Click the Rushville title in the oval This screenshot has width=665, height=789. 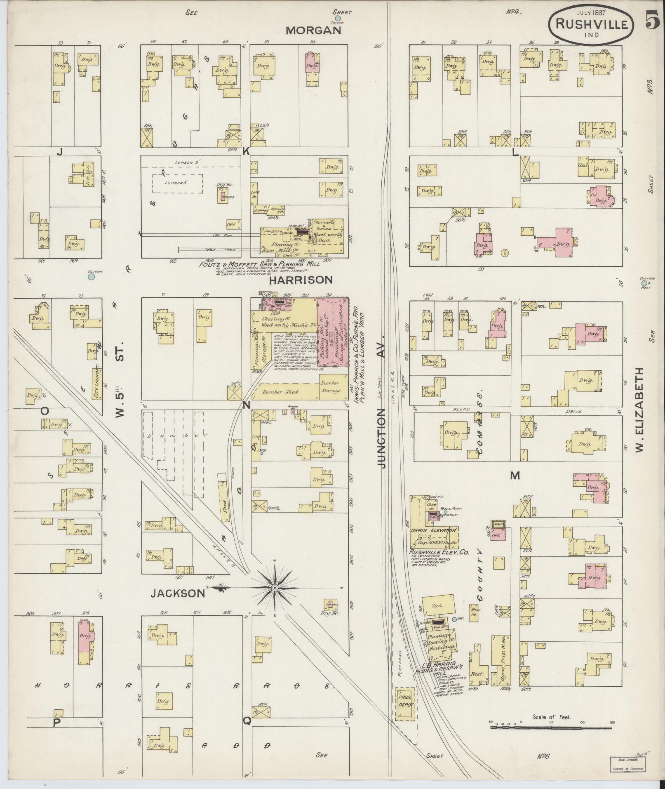[591, 24]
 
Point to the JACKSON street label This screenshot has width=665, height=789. [177, 593]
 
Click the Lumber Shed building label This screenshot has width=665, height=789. [281, 391]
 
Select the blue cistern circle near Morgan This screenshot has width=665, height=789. [338, 18]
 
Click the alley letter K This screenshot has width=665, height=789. [246, 151]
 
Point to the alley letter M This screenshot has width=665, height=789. [515, 476]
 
